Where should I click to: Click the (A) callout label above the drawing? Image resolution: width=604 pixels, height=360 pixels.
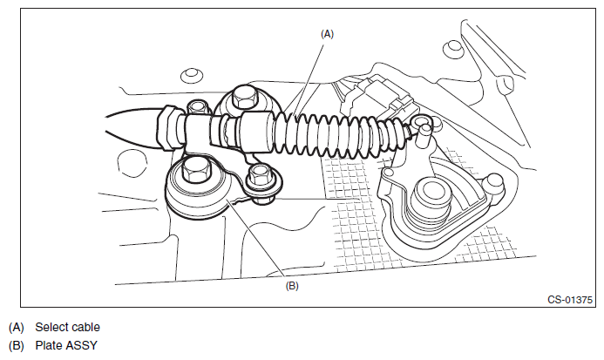328,33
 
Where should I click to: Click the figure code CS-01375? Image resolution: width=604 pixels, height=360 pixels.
568,301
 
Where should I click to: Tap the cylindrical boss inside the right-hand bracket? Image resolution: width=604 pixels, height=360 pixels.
430,195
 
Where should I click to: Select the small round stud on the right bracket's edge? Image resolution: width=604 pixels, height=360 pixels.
493,182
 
